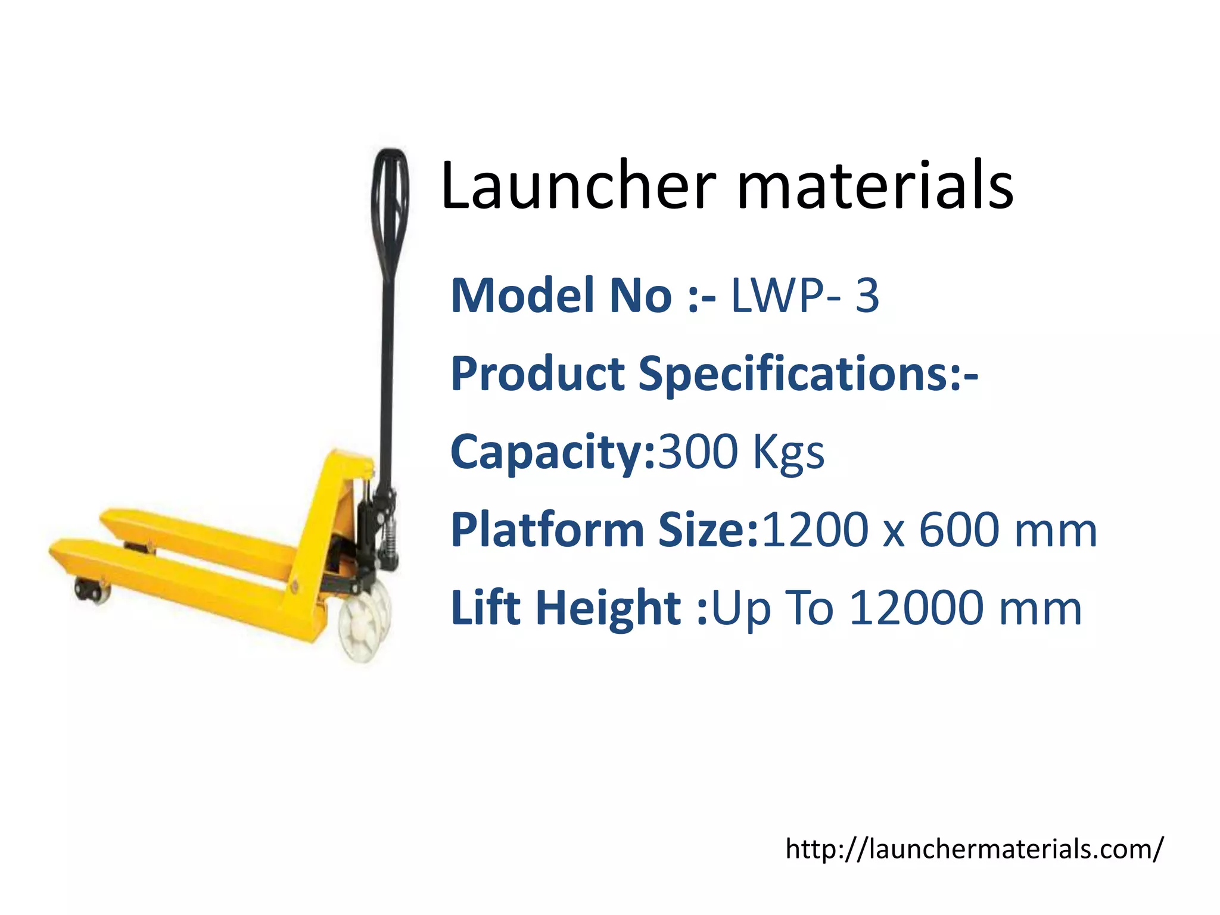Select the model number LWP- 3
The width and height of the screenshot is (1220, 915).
(804, 295)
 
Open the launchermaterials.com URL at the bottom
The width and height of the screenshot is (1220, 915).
(973, 848)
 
